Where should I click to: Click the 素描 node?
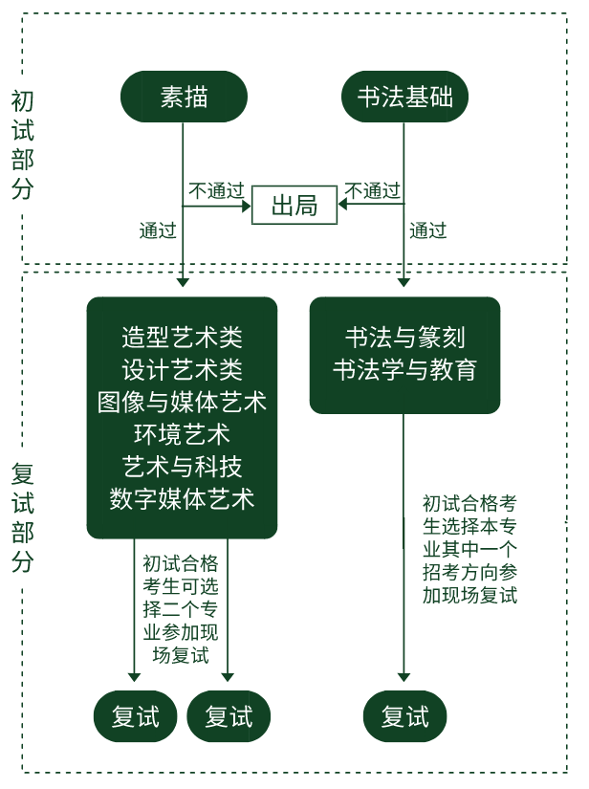[x=184, y=97]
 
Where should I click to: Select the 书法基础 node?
[x=404, y=97]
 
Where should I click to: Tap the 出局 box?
[x=294, y=206]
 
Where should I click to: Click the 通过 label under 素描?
[x=158, y=230]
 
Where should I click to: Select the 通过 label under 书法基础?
[x=427, y=230]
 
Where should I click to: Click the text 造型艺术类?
[x=182, y=337]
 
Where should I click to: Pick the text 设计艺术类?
[x=182, y=369]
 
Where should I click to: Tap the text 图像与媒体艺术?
[x=182, y=402]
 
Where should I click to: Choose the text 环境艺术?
[x=182, y=434]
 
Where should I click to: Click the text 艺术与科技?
[x=182, y=467]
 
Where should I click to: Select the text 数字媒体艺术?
[x=182, y=499]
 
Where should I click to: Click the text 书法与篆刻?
[x=404, y=337]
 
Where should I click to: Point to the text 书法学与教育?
[x=404, y=369]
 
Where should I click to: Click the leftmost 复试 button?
[x=136, y=716]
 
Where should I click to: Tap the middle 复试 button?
[x=229, y=716]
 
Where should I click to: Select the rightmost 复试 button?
[x=404, y=716]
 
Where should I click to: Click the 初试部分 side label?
[x=23, y=144]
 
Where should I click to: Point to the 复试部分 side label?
[x=23, y=517]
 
